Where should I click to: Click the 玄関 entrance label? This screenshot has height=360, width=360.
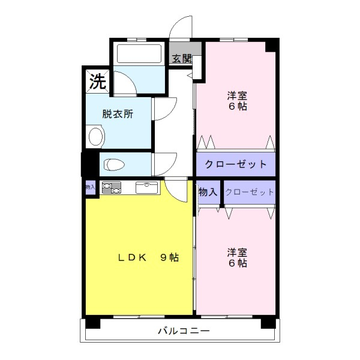click(x=182, y=59)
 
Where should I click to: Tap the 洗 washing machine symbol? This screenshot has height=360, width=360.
click(x=98, y=82)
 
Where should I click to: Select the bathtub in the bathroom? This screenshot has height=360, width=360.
click(x=139, y=53)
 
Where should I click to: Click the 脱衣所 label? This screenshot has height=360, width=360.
click(x=118, y=114)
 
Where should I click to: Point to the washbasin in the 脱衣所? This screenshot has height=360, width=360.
click(x=95, y=137)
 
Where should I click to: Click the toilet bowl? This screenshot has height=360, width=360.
click(x=114, y=164)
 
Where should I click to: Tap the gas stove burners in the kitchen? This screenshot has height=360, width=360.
click(x=112, y=188)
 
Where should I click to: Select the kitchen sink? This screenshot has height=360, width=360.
click(x=147, y=188)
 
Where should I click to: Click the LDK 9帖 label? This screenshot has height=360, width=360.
click(x=148, y=257)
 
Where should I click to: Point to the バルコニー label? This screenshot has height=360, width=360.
click(x=184, y=331)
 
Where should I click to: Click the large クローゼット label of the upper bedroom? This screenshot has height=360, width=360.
click(x=236, y=164)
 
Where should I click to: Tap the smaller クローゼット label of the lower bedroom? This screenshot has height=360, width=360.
click(x=250, y=192)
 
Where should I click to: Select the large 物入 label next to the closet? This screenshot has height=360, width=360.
click(x=208, y=192)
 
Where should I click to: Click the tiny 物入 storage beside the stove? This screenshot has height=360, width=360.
click(x=90, y=187)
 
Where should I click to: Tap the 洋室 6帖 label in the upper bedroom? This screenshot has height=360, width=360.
click(x=237, y=101)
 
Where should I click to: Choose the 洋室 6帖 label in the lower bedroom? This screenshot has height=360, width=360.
click(x=237, y=257)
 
